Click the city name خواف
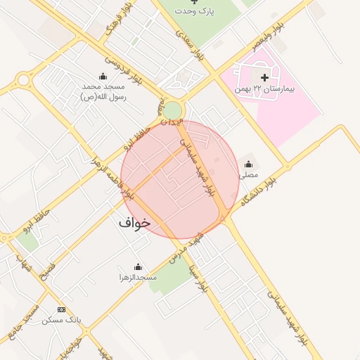[134, 223]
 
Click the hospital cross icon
[264, 77]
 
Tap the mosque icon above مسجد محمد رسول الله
[103, 76]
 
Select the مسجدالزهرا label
[138, 277]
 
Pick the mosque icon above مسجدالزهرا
[138, 267]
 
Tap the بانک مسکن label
[62, 320]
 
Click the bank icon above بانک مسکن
[61, 309]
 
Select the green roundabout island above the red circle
[172, 111]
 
